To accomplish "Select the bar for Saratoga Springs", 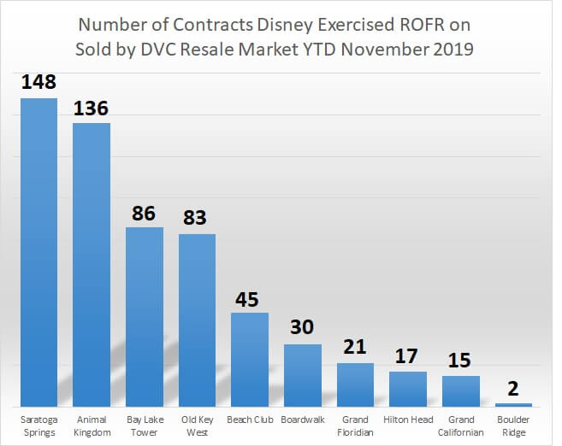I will coord(38,252).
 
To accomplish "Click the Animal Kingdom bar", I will coord(92,265).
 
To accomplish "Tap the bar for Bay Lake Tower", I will coord(145,316).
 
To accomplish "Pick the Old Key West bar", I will coord(197,320).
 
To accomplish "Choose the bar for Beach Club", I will coord(250,359).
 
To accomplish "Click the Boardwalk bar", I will coord(303,375).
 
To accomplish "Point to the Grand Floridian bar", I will coord(355,384).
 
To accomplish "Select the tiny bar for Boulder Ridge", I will coord(513,404).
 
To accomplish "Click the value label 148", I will coord(38,84).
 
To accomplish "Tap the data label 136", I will coord(92,109).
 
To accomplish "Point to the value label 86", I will coord(145,213).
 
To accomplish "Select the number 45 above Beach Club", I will coord(250,298).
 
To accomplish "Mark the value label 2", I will coord(514,389).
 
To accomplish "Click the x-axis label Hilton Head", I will coord(408,420).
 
